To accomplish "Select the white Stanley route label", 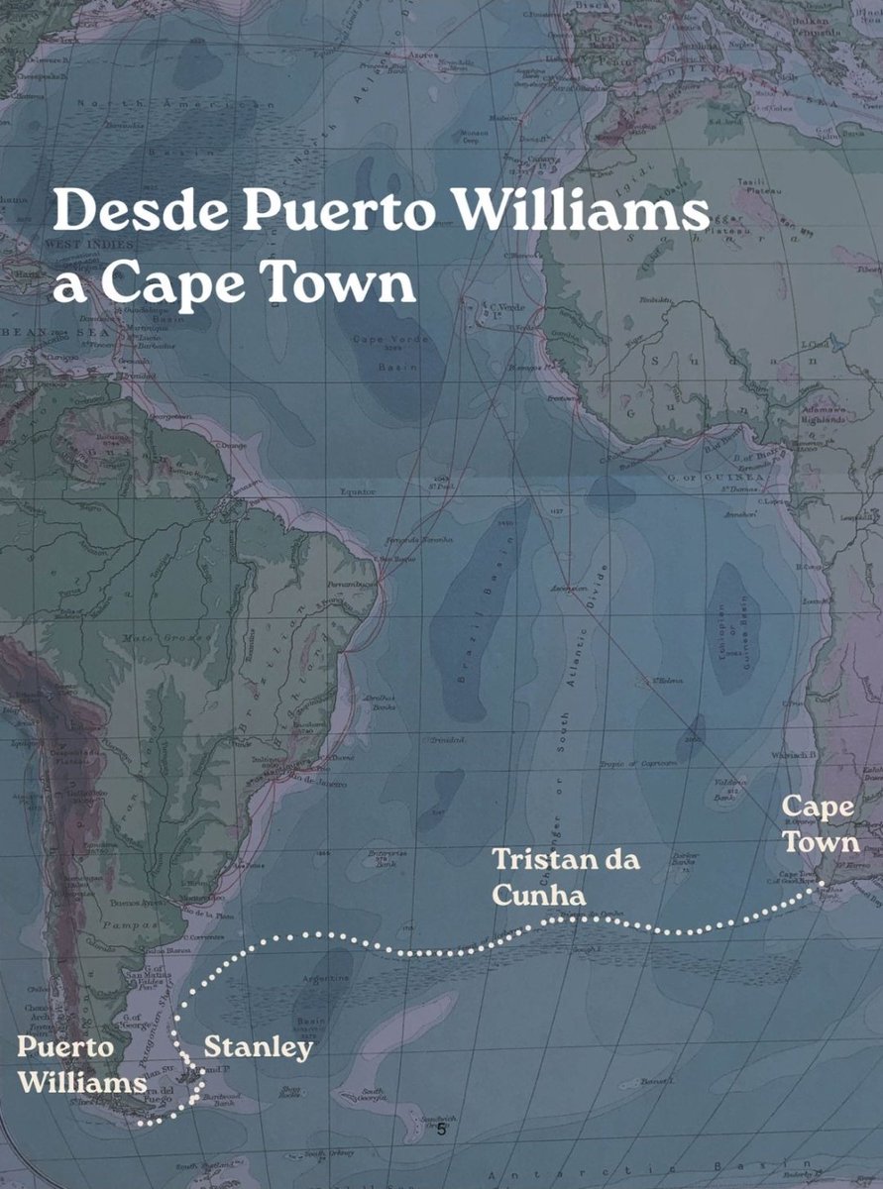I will [x=259, y=1047].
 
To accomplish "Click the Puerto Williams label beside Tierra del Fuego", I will [x=81, y=1065].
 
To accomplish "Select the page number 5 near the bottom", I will [x=442, y=1129].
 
